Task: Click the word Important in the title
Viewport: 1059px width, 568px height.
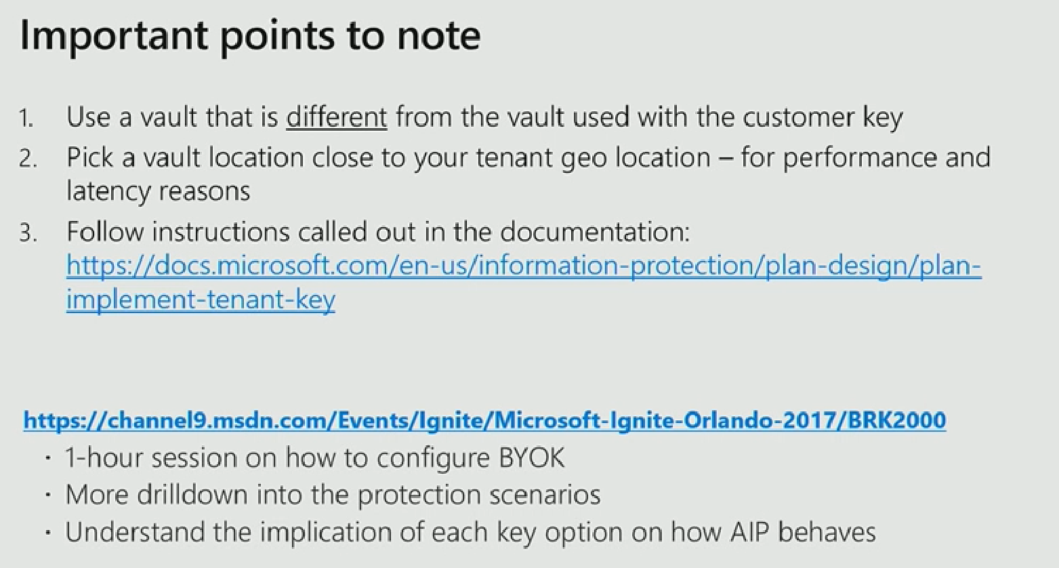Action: click(114, 37)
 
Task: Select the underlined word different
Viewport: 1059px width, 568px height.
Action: click(337, 117)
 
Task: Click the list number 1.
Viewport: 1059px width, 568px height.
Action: click(26, 118)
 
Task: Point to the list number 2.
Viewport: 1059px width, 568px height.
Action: click(27, 159)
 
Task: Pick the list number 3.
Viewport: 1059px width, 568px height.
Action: click(27, 233)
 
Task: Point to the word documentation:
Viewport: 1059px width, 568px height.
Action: click(595, 232)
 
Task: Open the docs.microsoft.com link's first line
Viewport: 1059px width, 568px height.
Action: click(524, 266)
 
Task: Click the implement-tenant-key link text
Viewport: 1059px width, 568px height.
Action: click(201, 300)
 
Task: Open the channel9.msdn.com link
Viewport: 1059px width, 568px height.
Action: click(484, 420)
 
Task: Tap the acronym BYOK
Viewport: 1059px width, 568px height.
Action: click(531, 458)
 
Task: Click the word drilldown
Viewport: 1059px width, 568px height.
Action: click(192, 495)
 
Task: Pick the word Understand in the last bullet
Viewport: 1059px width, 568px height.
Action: click(135, 532)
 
